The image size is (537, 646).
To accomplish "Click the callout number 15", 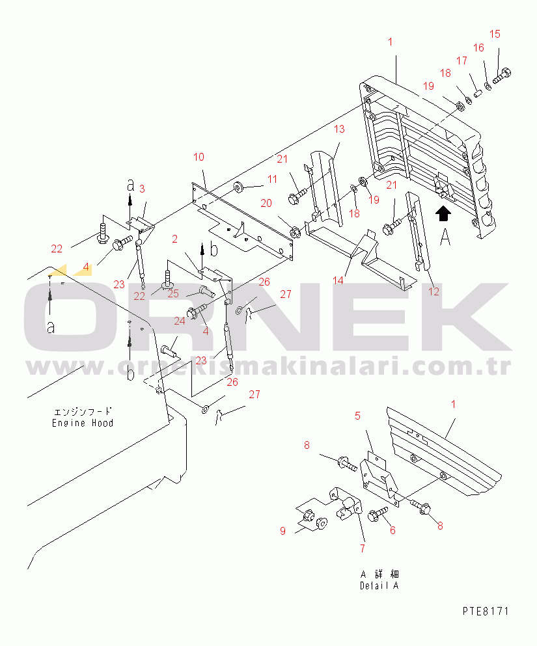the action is (x=495, y=34).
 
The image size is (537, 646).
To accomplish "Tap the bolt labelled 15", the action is (x=502, y=76).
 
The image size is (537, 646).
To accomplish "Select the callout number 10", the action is (x=199, y=157).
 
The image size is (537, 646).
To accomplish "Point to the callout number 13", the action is (x=339, y=129).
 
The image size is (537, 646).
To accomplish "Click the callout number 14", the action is (x=338, y=280).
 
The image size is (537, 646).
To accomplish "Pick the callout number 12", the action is (x=434, y=291).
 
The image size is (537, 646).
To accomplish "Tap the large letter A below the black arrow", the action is (x=445, y=238).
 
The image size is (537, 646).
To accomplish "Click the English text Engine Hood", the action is (x=83, y=423).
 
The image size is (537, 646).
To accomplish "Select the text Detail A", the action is (x=379, y=585).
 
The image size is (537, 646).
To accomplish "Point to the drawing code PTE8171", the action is (x=486, y=612).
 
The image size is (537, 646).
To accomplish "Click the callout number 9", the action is (x=283, y=531).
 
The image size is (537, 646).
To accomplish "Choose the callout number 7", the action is (x=362, y=548).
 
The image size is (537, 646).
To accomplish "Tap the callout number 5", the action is (x=357, y=414).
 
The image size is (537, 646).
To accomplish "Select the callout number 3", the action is (x=142, y=189).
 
